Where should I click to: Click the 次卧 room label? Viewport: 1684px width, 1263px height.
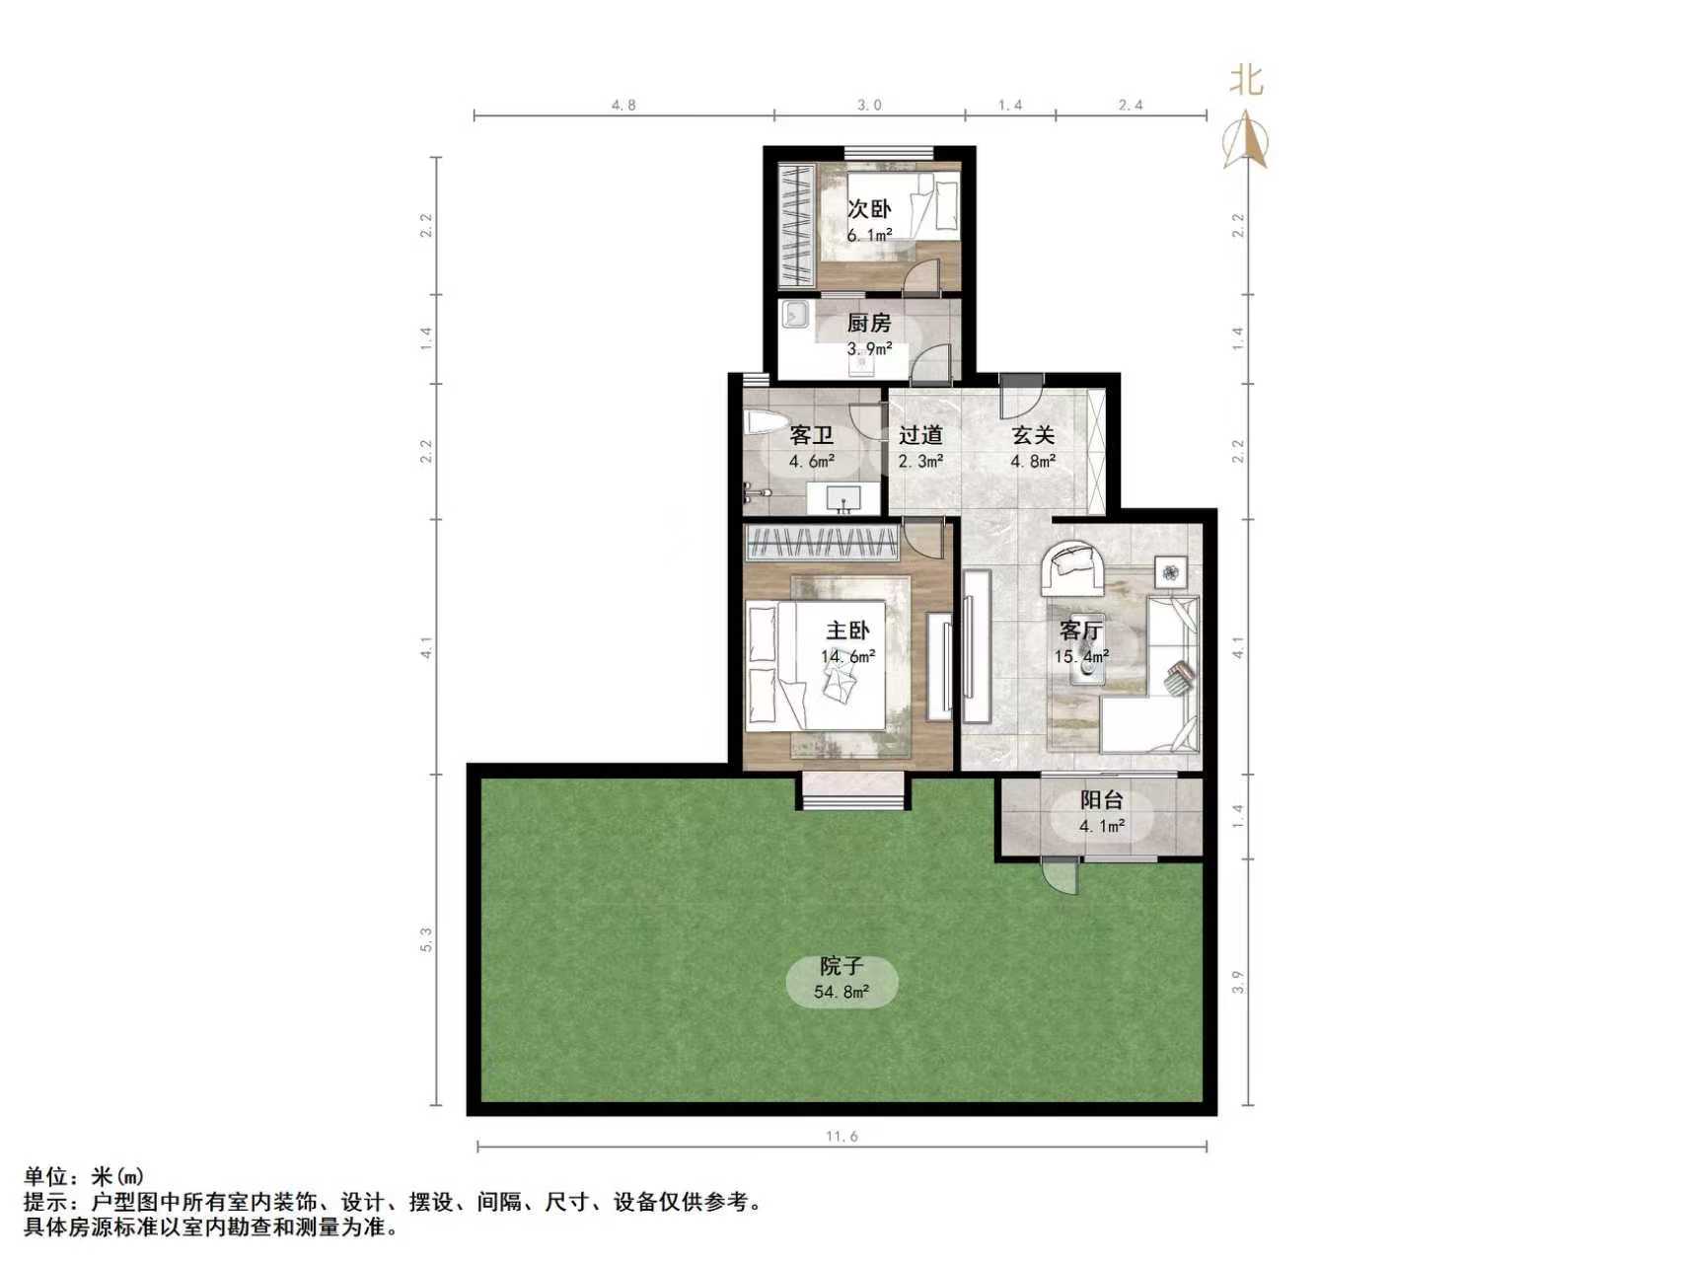[869, 209]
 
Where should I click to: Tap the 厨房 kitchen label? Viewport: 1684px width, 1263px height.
[869, 323]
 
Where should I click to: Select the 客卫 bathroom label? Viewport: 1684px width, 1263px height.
[811, 435]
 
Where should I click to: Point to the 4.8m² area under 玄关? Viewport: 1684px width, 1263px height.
[1032, 461]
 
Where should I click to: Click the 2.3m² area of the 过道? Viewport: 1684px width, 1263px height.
[919, 461]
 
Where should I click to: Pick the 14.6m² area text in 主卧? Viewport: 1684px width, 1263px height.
[847, 656]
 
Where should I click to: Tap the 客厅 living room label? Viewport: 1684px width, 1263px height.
[1080, 631]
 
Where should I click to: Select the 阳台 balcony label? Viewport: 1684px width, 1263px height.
[1101, 801]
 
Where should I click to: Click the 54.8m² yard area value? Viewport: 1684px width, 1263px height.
[842, 993]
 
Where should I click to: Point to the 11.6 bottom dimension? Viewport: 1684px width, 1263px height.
[842, 1137]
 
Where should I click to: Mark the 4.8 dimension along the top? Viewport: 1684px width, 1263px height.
[623, 105]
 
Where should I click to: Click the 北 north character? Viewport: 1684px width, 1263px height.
[1246, 80]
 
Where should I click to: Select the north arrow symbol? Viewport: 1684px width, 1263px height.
[1246, 141]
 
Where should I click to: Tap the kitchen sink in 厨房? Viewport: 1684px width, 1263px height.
[795, 316]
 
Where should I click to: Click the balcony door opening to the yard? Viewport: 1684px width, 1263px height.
[1062, 875]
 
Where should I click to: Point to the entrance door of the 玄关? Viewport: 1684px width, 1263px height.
[1020, 397]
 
